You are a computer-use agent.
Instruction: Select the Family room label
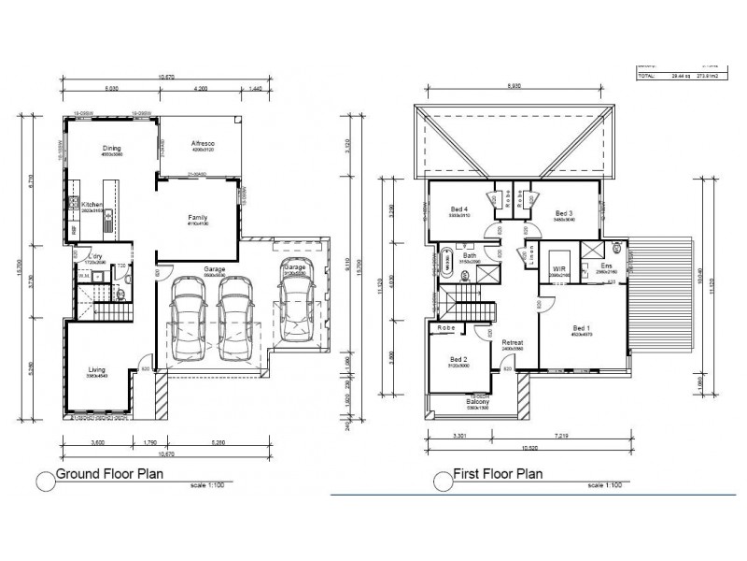click(196, 216)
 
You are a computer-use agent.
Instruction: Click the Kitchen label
click(92, 204)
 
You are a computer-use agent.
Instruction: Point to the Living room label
click(97, 370)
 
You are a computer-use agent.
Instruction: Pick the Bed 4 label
click(458, 209)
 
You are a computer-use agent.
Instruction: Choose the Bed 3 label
click(563, 213)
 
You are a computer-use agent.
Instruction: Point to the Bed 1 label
click(581, 329)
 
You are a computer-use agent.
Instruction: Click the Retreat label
click(512, 344)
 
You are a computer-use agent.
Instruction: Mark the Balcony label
click(477, 402)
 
